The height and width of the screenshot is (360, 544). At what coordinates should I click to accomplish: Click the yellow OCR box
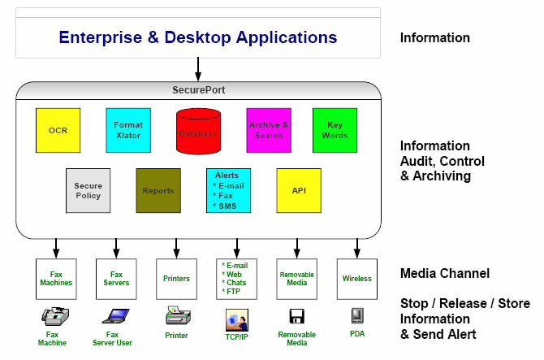pyautogui.click(x=58, y=130)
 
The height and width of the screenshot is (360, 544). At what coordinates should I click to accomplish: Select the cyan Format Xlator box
pyautogui.click(x=128, y=130)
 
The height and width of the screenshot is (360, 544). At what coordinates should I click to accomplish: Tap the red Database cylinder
pyautogui.click(x=198, y=131)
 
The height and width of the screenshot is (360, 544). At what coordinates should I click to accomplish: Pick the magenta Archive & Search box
pyautogui.click(x=268, y=130)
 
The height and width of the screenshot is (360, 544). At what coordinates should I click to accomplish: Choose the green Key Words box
pyautogui.click(x=335, y=130)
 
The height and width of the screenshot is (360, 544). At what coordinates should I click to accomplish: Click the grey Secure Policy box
pyautogui.click(x=88, y=190)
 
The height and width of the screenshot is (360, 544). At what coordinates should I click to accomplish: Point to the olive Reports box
pyautogui.click(x=158, y=190)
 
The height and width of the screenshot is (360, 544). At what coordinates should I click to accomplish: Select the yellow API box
pyautogui.click(x=299, y=190)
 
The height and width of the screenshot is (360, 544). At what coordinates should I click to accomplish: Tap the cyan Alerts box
pyautogui.click(x=228, y=190)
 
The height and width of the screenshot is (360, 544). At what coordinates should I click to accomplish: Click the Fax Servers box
pyautogui.click(x=116, y=279)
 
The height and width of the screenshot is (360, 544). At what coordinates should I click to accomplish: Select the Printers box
pyautogui.click(x=176, y=279)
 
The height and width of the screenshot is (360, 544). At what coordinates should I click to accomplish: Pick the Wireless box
pyautogui.click(x=356, y=279)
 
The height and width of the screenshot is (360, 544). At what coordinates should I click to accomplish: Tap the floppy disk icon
pyautogui.click(x=296, y=315)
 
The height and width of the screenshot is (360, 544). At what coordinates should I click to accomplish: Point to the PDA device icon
pyautogui.click(x=356, y=315)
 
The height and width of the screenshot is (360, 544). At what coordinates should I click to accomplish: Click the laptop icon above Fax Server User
pyautogui.click(x=115, y=316)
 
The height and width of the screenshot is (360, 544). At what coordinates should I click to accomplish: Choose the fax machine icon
pyautogui.click(x=55, y=316)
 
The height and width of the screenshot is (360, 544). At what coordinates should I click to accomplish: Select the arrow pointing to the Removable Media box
pyautogui.click(x=296, y=247)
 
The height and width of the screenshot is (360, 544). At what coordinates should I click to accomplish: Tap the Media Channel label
pyautogui.click(x=445, y=274)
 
